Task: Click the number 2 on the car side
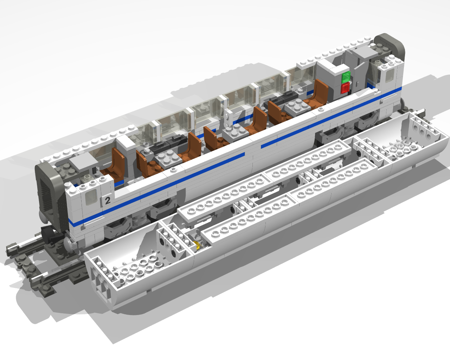tap(108, 200)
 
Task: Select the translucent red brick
tap(346, 88)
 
